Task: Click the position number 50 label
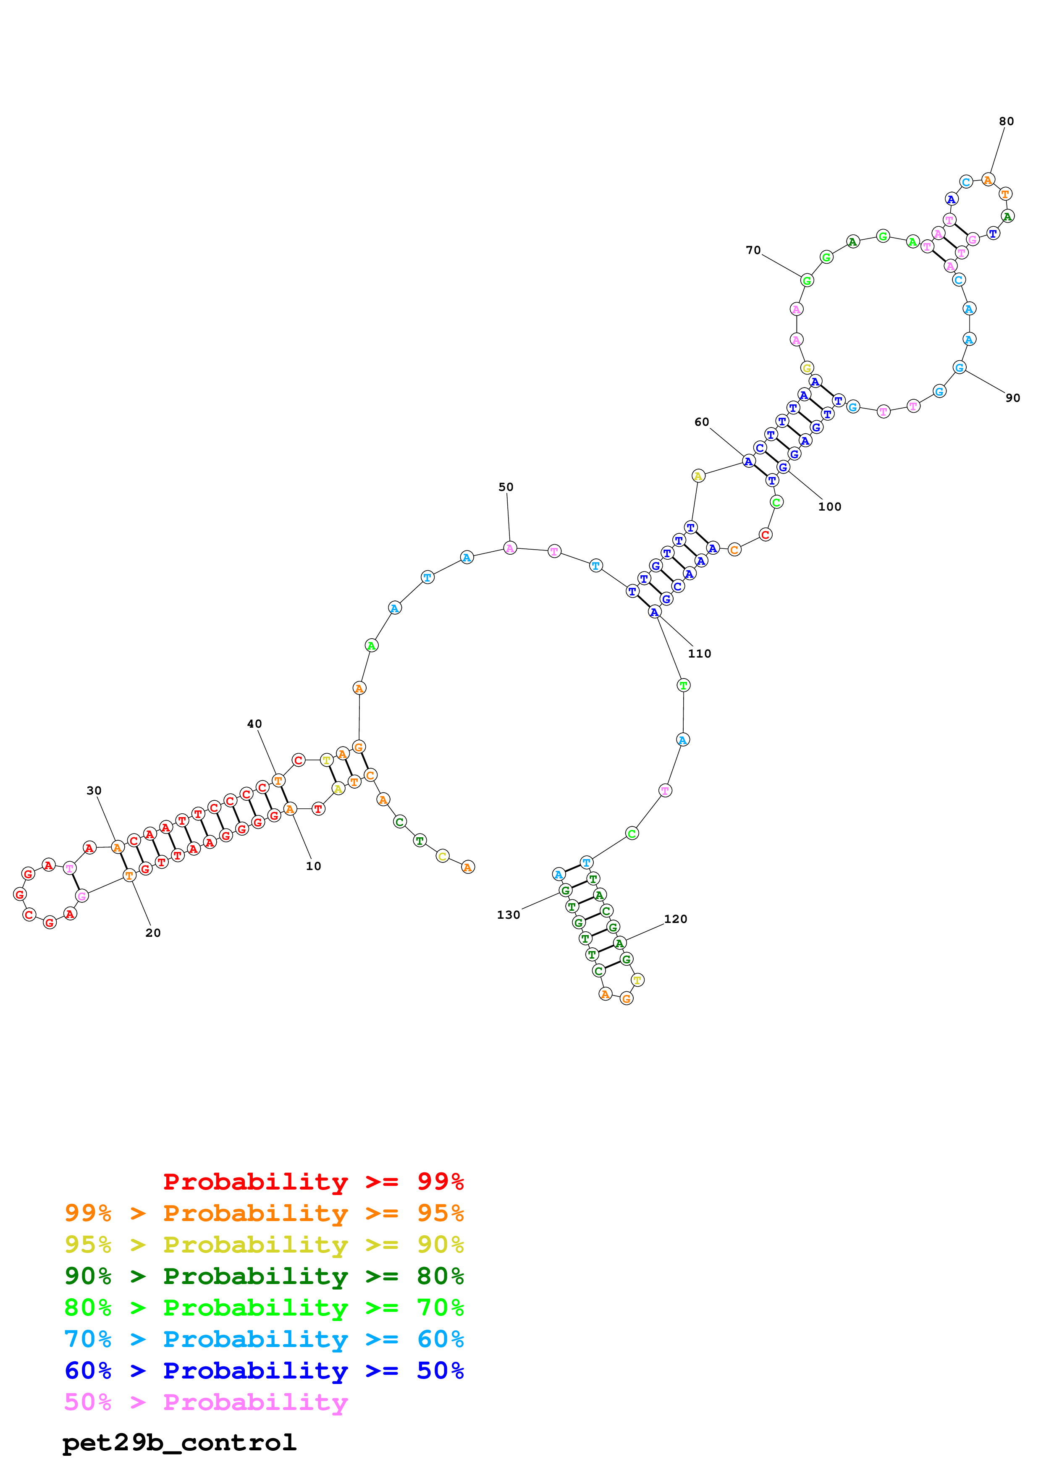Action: click(506, 487)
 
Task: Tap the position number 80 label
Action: click(1006, 121)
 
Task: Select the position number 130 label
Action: click(508, 915)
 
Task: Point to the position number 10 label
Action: click(313, 866)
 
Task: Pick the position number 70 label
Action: click(753, 250)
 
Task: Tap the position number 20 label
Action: click(153, 933)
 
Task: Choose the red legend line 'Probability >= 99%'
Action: click(313, 1181)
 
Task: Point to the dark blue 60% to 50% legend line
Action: click(264, 1371)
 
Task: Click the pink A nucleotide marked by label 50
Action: click(510, 548)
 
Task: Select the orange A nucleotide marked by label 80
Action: click(988, 180)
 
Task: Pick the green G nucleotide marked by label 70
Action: click(807, 280)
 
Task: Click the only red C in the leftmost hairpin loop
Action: click(29, 914)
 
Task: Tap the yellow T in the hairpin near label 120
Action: click(637, 980)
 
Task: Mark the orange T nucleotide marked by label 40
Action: click(278, 780)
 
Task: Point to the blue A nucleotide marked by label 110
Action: click(653, 612)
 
